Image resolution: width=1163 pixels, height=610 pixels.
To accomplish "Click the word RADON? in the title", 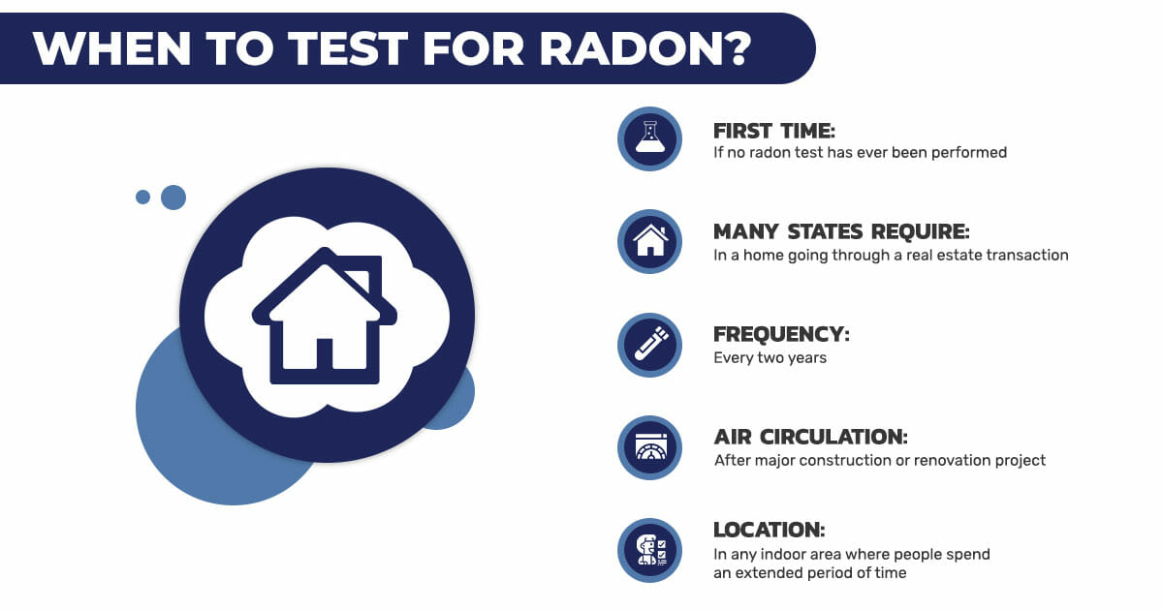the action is coord(645,48).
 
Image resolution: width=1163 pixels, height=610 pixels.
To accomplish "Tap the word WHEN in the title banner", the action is coord(111,48).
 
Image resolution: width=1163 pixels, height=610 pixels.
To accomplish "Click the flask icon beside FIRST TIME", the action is coord(649,138).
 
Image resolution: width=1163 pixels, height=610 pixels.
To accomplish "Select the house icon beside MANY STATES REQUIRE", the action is coord(649,241).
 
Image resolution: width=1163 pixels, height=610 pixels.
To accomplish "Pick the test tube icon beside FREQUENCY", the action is coord(649,345).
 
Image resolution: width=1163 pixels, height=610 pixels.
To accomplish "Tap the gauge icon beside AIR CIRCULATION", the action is coord(649,447).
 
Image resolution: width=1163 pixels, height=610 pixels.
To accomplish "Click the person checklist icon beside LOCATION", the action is coord(649,550).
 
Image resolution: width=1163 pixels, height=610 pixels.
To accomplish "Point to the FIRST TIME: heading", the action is coord(773,131).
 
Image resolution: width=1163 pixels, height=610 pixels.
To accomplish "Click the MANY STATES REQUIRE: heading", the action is coord(841,231).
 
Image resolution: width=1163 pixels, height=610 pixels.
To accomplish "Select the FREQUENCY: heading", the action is coord(781,335).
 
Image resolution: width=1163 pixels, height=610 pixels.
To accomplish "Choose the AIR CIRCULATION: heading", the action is coord(810,437).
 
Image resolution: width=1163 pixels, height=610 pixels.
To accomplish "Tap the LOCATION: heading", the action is coord(769,530).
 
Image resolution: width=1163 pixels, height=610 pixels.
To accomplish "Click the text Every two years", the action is coord(770,358).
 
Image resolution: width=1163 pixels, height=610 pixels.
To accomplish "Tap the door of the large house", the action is coord(325,353).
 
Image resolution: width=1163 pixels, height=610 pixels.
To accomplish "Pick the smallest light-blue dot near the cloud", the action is coord(142,198).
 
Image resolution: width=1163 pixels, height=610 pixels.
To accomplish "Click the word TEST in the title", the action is coord(348,48).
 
